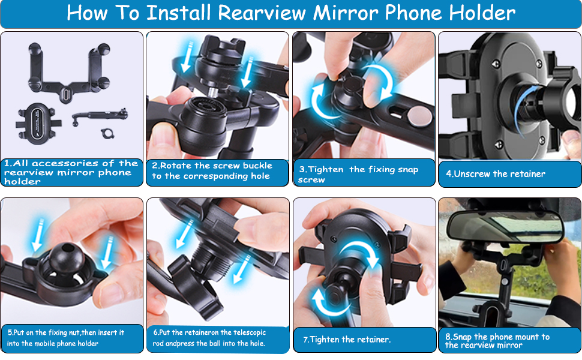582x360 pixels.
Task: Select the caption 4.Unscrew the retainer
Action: [496, 174]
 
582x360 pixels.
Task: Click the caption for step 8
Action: [497, 341]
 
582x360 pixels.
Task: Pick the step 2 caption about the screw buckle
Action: [211, 171]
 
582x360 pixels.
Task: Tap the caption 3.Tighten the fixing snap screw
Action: [358, 174]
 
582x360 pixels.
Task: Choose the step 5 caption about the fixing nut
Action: [66, 338]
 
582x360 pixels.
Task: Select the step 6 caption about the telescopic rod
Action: [209, 338]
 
